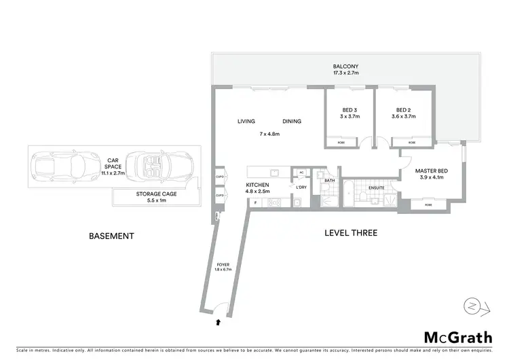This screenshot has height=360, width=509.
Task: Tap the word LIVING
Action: [246, 122]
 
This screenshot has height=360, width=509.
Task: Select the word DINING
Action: [292, 122]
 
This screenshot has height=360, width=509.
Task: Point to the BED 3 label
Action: [349, 110]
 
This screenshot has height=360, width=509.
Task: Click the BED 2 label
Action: [403, 110]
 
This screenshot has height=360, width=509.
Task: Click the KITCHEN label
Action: [258, 185]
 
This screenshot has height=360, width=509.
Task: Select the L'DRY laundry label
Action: [301, 186]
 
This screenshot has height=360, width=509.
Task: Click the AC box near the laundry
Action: [301, 173]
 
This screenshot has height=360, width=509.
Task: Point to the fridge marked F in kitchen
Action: [255, 202]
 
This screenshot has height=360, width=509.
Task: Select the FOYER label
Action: [223, 265]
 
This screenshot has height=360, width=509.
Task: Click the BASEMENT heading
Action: [112, 236]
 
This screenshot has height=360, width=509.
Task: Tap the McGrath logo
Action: [458, 337]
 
